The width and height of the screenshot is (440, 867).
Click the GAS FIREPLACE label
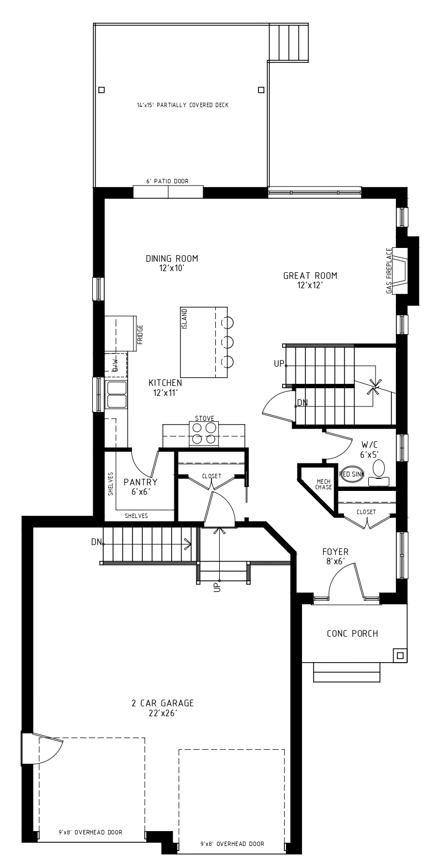click(x=389, y=271)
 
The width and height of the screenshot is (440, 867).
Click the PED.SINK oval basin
click(x=351, y=474)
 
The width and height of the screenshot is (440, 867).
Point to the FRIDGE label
click(x=140, y=335)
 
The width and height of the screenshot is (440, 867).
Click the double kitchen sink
click(x=116, y=394)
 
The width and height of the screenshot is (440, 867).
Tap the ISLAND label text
click(x=184, y=319)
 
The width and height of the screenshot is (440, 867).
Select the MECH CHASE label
click(x=323, y=484)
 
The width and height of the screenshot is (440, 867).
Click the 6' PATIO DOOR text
click(x=167, y=181)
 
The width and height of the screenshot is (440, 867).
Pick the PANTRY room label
click(x=140, y=482)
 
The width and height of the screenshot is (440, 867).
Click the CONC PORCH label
click(x=352, y=633)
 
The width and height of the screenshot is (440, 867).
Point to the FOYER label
click(x=336, y=552)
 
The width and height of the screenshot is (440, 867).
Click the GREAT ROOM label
click(x=310, y=276)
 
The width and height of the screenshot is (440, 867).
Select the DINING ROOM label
click(x=172, y=258)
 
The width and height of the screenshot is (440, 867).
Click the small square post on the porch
click(x=400, y=655)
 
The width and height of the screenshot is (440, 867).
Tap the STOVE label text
click(x=204, y=419)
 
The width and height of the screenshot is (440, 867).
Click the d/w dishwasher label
click(x=115, y=364)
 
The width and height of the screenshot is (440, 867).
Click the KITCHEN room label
click(x=165, y=383)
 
